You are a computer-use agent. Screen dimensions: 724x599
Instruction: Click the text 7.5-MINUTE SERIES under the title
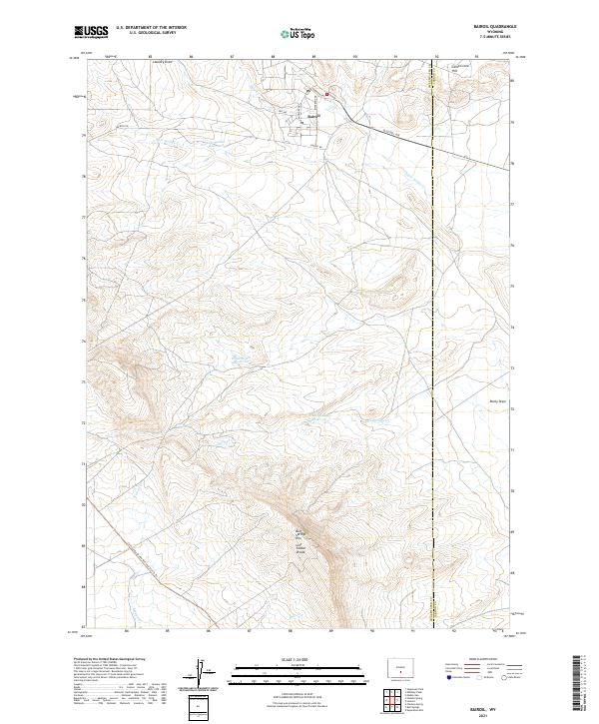(x=487, y=39)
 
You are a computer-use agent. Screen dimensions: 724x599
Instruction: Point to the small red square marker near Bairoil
(x=325, y=96)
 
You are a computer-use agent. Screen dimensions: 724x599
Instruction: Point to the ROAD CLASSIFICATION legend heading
(x=472, y=660)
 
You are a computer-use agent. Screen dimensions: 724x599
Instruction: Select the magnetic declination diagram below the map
(x=200, y=676)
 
